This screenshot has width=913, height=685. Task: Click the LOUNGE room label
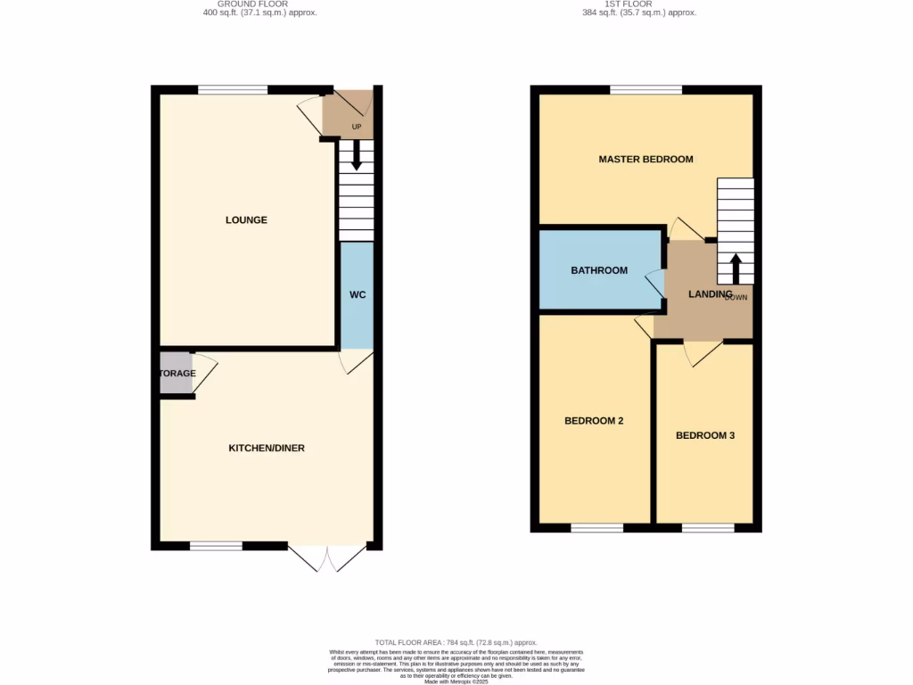click(x=246, y=220)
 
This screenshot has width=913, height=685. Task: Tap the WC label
click(x=358, y=294)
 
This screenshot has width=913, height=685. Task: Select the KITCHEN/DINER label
click(x=267, y=448)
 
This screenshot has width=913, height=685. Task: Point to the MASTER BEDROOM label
click(x=646, y=160)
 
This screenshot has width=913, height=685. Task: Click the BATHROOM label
click(x=599, y=270)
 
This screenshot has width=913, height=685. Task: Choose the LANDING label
click(x=710, y=294)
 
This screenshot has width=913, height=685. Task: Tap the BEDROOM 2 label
click(x=594, y=421)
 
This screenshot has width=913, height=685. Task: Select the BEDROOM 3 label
click(x=705, y=435)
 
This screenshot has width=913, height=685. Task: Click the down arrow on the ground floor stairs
click(x=357, y=158)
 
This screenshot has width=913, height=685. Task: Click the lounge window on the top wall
click(x=232, y=89)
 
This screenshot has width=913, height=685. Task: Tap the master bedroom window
click(x=646, y=89)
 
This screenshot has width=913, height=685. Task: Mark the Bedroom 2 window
click(x=596, y=528)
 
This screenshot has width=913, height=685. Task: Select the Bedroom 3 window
click(x=708, y=528)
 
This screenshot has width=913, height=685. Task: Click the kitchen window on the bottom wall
click(x=216, y=546)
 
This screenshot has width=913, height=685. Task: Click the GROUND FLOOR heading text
click(x=259, y=4)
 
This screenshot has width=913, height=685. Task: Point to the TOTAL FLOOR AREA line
click(x=456, y=642)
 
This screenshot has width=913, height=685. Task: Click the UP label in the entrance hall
click(x=357, y=127)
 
